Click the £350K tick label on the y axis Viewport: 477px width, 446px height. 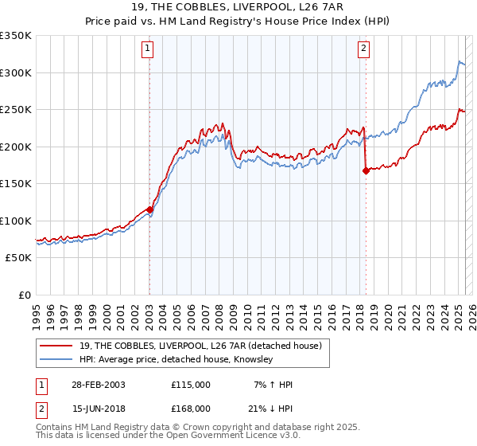[x=16, y=36]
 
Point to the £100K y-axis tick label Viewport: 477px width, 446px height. [x=16, y=221]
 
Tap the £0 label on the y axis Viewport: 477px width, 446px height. [x=24, y=295]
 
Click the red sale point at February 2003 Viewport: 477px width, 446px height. [x=149, y=209]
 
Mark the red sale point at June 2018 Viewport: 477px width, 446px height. [x=366, y=170]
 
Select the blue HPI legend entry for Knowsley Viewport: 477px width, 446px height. [x=176, y=360]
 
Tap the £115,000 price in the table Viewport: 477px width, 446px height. [x=191, y=385]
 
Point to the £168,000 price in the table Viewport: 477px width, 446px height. [x=191, y=409]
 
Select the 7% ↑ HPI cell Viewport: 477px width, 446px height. [x=273, y=385]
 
